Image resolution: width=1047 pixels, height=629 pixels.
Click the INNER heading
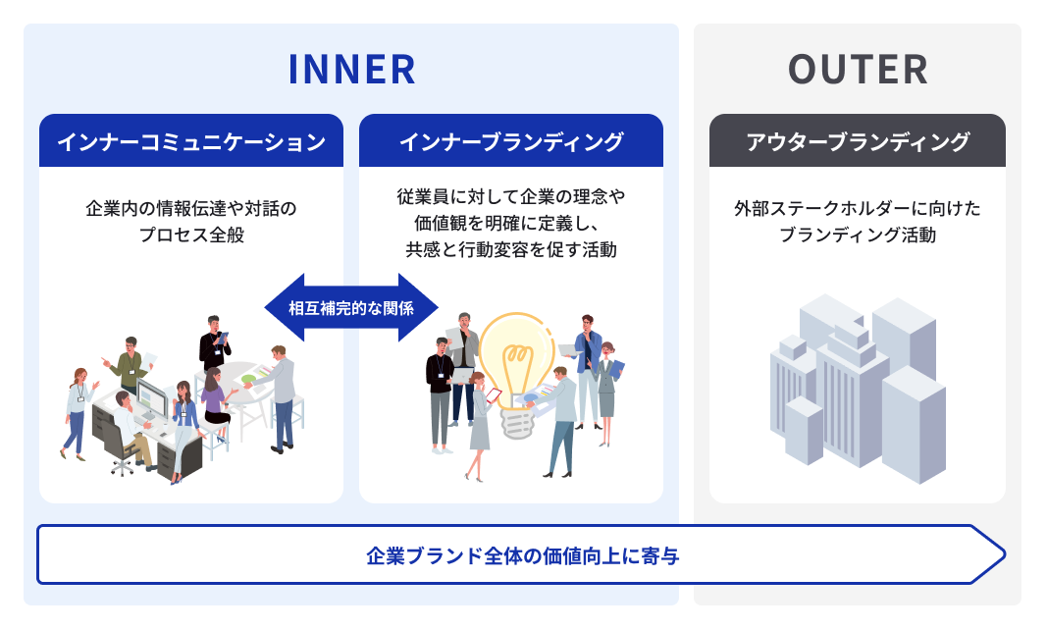(351, 70)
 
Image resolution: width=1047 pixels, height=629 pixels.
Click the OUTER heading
(858, 70)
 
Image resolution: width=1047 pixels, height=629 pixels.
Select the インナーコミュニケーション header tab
(191, 141)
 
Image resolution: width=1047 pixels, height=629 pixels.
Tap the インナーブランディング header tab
(511, 141)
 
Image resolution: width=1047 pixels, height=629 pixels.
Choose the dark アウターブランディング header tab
(858, 141)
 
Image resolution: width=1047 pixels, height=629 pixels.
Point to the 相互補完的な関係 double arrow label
(351, 307)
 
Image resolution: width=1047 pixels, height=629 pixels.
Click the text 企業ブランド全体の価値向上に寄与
(522, 556)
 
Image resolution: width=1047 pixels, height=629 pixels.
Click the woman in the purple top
(214, 397)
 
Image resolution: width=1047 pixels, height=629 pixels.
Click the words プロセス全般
(191, 236)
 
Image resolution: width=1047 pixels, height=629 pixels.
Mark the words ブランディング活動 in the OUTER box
(858, 236)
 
